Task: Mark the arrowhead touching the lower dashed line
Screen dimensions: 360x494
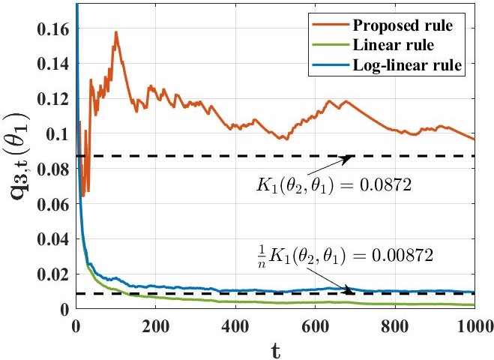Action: point(350,291)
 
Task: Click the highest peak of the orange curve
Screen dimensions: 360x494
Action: point(116,32)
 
